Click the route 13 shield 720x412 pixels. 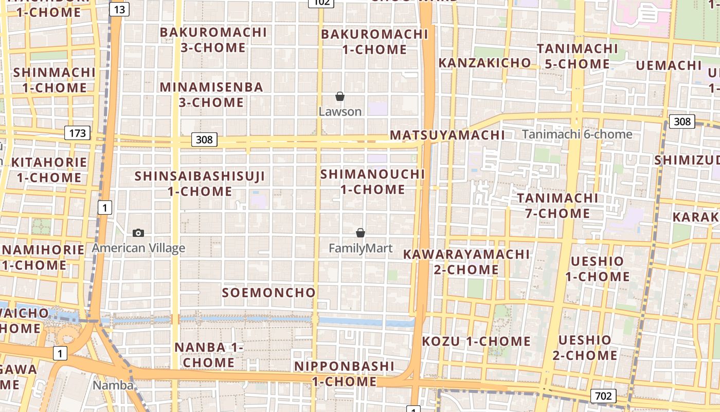pyautogui.click(x=119, y=9)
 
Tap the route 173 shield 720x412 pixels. pyautogui.click(x=78, y=133)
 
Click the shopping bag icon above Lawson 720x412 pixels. pyautogui.click(x=340, y=96)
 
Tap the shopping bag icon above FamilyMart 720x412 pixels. pyautogui.click(x=361, y=233)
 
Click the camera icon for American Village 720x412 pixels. pyautogui.click(x=138, y=233)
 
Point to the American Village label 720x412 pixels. pyautogui.click(x=138, y=248)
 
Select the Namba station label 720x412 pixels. pyautogui.click(x=113, y=385)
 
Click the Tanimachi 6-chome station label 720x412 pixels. pyautogui.click(x=577, y=134)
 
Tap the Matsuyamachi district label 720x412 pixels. pyautogui.click(x=447, y=135)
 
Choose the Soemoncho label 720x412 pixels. pyautogui.click(x=268, y=293)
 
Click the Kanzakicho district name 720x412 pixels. pyautogui.click(x=484, y=63)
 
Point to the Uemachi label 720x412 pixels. pyautogui.click(x=669, y=65)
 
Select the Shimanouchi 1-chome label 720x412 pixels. pyautogui.click(x=373, y=182)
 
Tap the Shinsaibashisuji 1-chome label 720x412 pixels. pyautogui.click(x=200, y=184)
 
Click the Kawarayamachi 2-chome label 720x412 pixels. pyautogui.click(x=466, y=262)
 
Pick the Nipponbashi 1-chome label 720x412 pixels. pyautogui.click(x=344, y=374)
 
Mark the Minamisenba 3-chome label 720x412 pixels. pyautogui.click(x=211, y=94)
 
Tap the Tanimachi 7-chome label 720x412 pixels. pyautogui.click(x=557, y=205)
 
